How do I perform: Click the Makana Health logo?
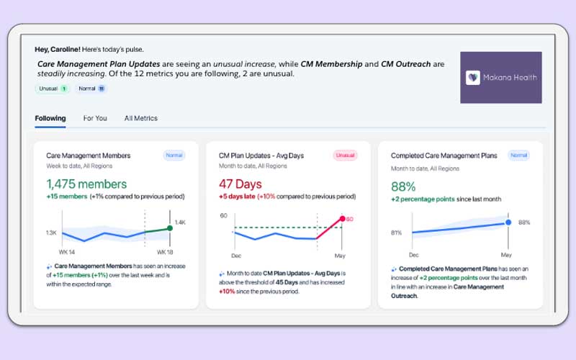[x=500, y=77]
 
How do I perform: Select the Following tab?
[x=50, y=118]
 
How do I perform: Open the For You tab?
[x=95, y=118]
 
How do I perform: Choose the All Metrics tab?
[x=140, y=118]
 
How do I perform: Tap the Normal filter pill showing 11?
[x=92, y=89]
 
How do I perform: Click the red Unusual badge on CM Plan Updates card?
[x=345, y=155]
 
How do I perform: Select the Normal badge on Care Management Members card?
[x=174, y=155]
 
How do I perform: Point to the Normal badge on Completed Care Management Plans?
[x=518, y=155]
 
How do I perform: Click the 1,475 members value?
[x=86, y=184]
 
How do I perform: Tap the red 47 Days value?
[x=240, y=184]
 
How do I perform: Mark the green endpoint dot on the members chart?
[x=169, y=228]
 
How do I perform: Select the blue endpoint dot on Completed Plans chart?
[x=508, y=222]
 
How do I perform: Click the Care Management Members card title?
[x=89, y=156]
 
